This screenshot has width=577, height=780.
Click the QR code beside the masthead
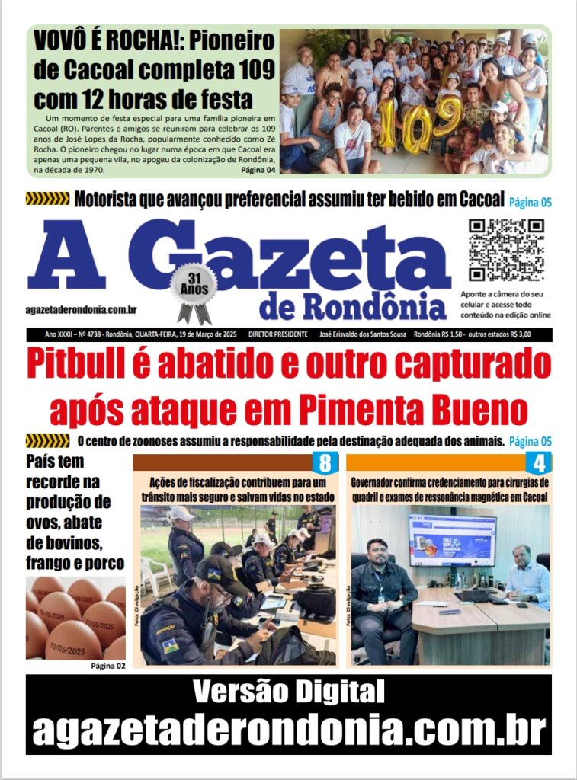(505, 250)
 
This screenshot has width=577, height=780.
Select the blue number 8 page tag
(325, 462)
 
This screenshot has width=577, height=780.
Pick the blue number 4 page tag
(538, 462)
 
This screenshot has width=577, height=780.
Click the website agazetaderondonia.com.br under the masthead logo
(81, 309)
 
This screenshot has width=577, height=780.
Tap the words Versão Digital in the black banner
(288, 692)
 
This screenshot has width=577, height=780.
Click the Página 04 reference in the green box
(258, 170)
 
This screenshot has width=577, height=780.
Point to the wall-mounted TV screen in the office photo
(451, 539)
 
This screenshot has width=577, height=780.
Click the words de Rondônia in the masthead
(352, 305)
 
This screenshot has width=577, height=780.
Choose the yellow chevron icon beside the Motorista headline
(47, 200)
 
